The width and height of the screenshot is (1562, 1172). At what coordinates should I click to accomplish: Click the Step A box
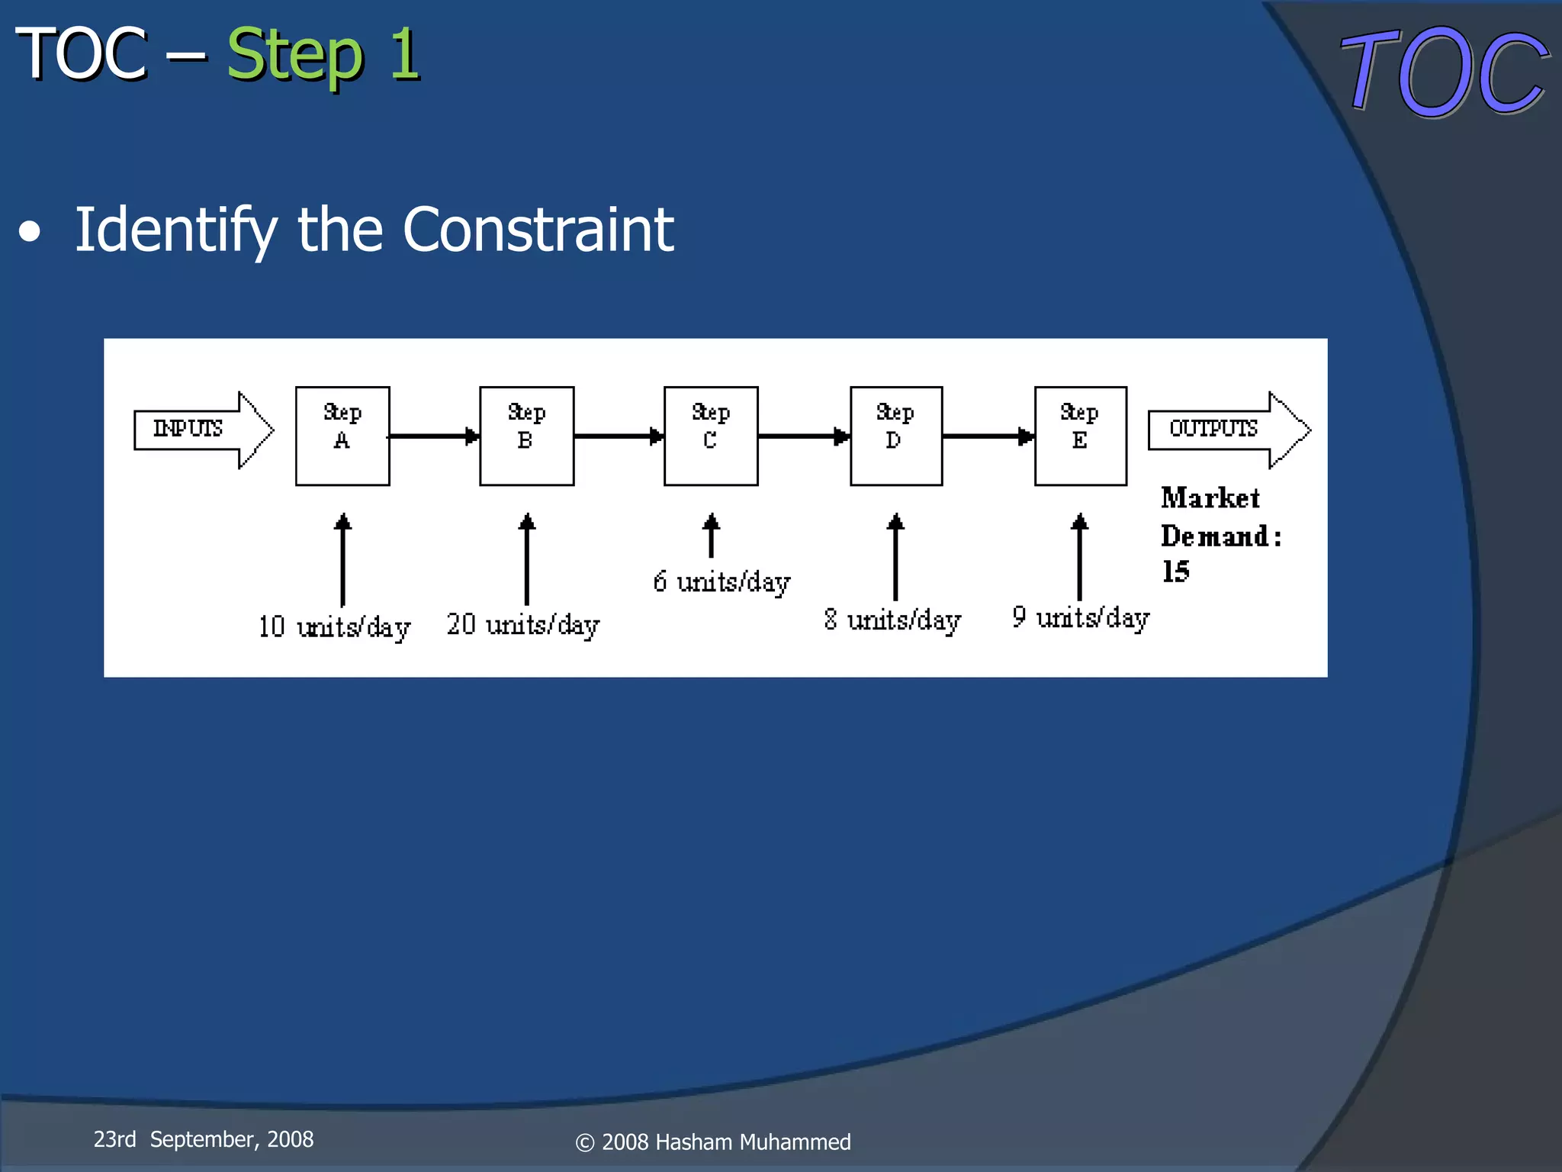pyautogui.click(x=342, y=436)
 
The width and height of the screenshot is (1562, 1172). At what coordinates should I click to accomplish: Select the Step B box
pyautogui.click(x=526, y=436)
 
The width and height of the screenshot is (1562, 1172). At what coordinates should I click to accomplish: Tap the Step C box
pyautogui.click(x=711, y=436)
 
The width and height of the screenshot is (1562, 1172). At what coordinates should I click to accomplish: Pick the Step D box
pyautogui.click(x=896, y=436)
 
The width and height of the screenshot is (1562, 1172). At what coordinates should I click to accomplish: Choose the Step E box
pyautogui.click(x=1080, y=436)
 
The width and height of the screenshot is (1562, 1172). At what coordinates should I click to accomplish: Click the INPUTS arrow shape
pyautogui.click(x=203, y=430)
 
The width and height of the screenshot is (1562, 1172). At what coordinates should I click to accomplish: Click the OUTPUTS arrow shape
pyautogui.click(x=1228, y=430)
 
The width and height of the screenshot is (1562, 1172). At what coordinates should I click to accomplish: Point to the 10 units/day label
pyautogui.click(x=334, y=627)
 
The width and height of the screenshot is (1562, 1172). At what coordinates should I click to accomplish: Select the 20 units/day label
pyautogui.click(x=523, y=625)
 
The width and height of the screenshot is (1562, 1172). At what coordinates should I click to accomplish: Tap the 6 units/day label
pyautogui.click(x=722, y=582)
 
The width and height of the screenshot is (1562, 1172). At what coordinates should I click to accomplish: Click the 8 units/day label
pyautogui.click(x=892, y=620)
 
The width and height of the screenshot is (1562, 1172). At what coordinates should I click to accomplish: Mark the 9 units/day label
pyautogui.click(x=1081, y=618)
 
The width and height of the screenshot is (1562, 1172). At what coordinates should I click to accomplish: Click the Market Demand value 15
pyautogui.click(x=1175, y=572)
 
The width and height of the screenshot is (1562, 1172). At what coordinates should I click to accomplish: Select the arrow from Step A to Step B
pyautogui.click(x=434, y=436)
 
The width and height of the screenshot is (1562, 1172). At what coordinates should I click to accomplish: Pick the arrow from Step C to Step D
pyautogui.click(x=804, y=436)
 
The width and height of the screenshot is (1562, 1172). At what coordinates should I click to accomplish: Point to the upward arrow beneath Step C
pyautogui.click(x=711, y=536)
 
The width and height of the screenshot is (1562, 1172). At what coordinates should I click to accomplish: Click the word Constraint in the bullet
pyautogui.click(x=538, y=230)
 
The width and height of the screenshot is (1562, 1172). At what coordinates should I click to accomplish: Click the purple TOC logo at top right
pyautogui.click(x=1444, y=72)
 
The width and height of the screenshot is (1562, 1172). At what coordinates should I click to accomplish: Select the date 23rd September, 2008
pyautogui.click(x=204, y=1139)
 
